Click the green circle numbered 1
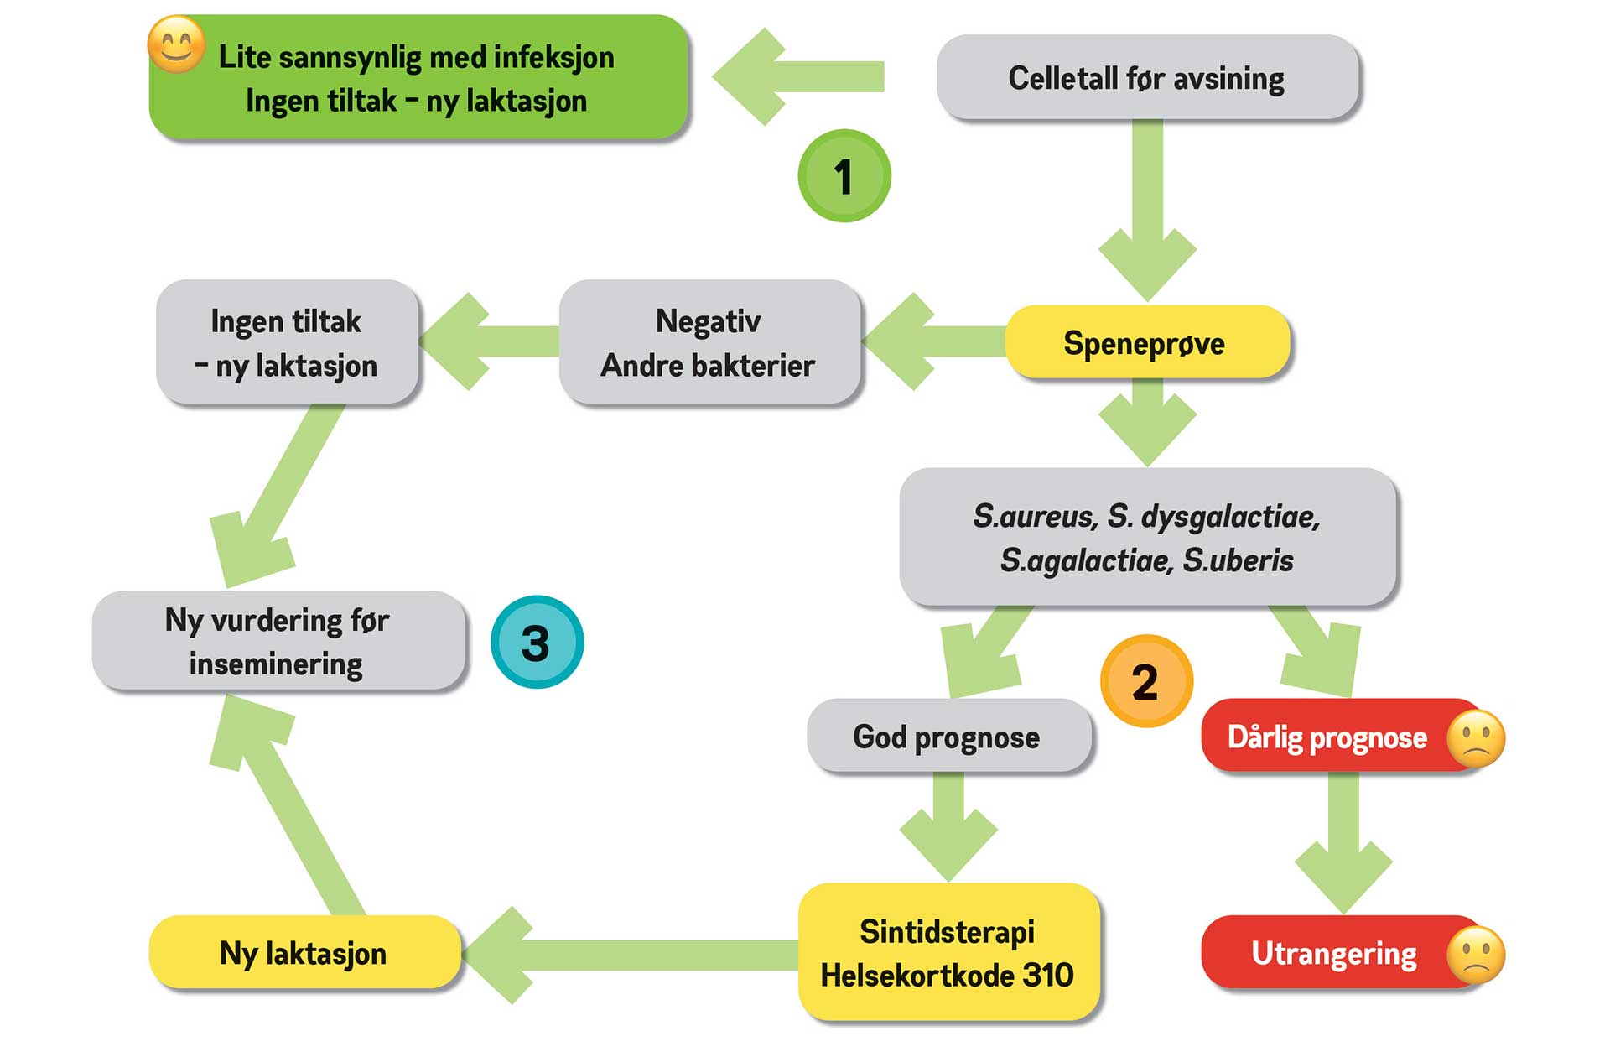click(844, 176)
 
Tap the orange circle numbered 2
click(1145, 681)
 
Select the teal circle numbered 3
click(537, 643)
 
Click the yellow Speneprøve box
click(1146, 343)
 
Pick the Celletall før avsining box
click(1146, 78)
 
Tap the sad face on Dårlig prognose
click(1476, 739)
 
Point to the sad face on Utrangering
click(1476, 955)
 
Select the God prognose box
click(948, 737)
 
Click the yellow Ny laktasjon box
click(304, 953)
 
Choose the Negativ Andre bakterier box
click(709, 343)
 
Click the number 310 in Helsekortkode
click(1048, 976)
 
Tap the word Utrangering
click(1333, 954)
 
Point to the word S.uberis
click(1239, 560)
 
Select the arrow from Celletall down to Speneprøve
click(1147, 210)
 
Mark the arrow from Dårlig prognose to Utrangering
click(1343, 839)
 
